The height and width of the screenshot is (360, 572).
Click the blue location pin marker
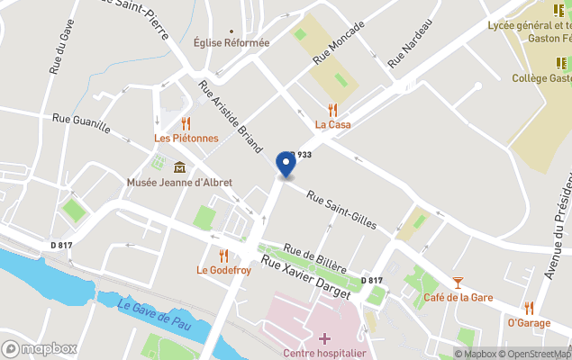(x=286, y=165)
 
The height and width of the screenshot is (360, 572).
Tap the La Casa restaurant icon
(x=332, y=110)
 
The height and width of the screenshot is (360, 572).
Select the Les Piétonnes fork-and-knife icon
(x=186, y=123)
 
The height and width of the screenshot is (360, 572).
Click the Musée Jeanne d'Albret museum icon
(x=179, y=167)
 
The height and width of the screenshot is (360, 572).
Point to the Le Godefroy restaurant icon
(x=223, y=256)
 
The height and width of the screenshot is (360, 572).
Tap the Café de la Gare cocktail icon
(x=458, y=283)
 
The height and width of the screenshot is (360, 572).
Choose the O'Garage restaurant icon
(x=529, y=308)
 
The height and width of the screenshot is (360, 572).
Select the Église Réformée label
(x=232, y=43)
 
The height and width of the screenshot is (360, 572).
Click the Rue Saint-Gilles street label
(x=340, y=210)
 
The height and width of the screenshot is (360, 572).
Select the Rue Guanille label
(x=81, y=123)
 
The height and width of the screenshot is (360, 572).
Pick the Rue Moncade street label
(x=339, y=41)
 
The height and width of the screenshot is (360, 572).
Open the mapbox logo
(x=40, y=348)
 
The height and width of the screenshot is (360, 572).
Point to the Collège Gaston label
(x=540, y=78)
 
